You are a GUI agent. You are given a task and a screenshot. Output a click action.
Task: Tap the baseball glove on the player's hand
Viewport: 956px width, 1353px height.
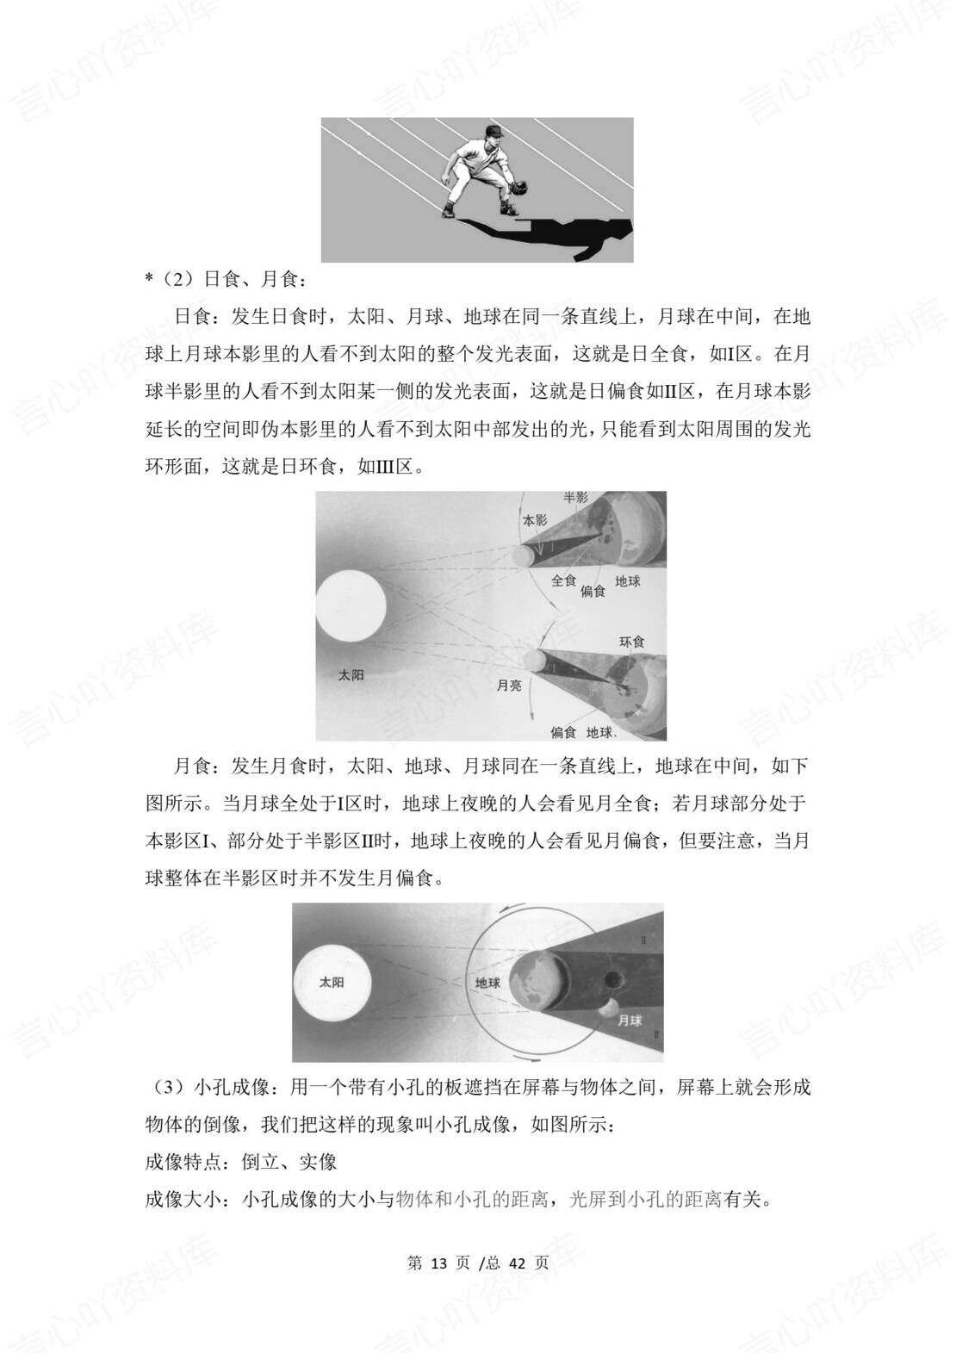(518, 186)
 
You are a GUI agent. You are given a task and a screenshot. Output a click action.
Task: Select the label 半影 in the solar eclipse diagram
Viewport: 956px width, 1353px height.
(574, 498)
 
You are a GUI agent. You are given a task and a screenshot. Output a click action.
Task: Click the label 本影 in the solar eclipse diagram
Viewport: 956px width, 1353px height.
(535, 521)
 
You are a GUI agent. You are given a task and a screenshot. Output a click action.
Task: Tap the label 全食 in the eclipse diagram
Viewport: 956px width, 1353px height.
(563, 580)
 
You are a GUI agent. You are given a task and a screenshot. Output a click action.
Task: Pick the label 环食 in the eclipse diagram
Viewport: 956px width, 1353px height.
(631, 642)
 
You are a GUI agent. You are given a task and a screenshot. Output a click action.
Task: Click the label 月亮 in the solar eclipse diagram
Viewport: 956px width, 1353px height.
(509, 686)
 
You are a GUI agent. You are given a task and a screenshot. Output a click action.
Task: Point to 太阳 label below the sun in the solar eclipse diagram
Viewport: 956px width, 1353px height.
(351, 674)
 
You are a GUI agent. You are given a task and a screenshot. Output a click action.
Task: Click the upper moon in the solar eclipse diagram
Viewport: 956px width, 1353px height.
(522, 555)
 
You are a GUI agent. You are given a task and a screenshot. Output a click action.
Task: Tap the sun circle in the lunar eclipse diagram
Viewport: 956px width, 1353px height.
(332, 982)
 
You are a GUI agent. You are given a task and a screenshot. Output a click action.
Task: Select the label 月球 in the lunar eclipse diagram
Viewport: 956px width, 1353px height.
(630, 1021)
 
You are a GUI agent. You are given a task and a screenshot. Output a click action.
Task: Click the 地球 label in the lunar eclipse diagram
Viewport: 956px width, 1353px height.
(487, 982)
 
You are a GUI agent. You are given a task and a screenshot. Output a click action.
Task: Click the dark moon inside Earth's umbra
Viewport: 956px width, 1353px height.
(614, 979)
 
